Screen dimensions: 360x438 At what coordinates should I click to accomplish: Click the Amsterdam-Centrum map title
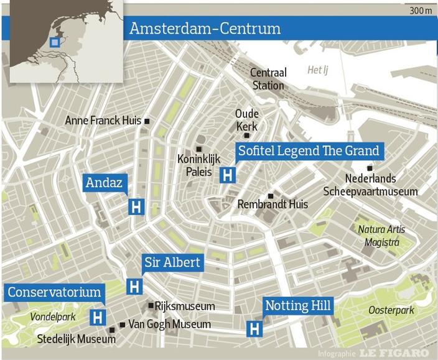click(205, 29)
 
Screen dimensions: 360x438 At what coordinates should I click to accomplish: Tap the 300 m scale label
click(421, 11)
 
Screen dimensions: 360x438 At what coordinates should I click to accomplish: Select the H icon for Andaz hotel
click(136, 207)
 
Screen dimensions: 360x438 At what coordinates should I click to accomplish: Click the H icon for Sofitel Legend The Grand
click(228, 175)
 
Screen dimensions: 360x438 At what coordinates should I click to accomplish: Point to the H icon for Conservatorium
click(97, 317)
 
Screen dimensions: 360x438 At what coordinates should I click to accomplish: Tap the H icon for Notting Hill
click(254, 329)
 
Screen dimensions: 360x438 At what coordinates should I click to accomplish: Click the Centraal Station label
click(268, 79)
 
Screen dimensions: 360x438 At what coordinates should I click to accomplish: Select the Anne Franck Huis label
click(103, 121)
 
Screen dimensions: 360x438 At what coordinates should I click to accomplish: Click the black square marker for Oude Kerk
click(247, 136)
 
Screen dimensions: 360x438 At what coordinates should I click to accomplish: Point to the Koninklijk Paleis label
click(195, 165)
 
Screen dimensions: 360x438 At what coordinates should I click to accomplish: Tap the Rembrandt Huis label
click(273, 205)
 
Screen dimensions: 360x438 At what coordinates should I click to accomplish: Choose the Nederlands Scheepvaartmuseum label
click(370, 185)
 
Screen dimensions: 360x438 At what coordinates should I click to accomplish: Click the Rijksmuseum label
click(185, 306)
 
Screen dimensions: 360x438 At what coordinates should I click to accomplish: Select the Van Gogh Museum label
click(169, 324)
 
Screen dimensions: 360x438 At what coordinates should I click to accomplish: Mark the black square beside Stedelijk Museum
click(112, 330)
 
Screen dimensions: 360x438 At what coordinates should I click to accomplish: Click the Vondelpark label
click(53, 317)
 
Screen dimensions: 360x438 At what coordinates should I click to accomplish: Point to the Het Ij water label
click(317, 70)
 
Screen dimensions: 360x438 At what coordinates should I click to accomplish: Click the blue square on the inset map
click(55, 42)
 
